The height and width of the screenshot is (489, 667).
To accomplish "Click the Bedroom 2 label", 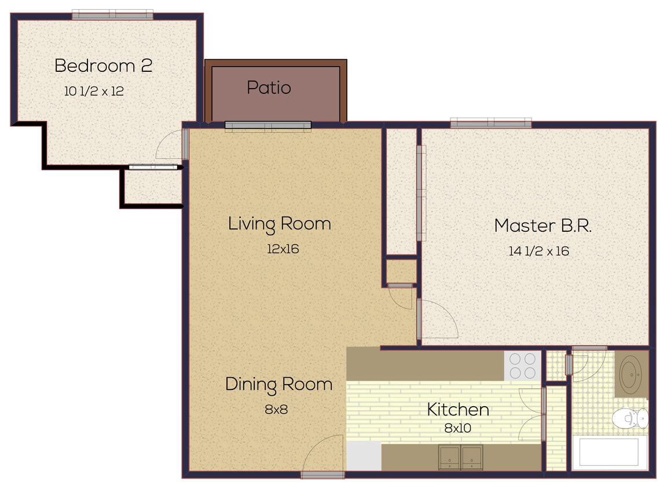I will click(x=103, y=65).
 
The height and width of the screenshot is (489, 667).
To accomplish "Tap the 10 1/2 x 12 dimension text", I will click(x=93, y=91).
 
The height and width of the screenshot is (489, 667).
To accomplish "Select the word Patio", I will click(x=269, y=87).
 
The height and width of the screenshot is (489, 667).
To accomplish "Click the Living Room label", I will click(x=279, y=224).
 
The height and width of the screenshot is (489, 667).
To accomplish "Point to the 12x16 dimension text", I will click(x=282, y=249).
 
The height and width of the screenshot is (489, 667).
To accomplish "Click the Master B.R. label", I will click(x=543, y=225).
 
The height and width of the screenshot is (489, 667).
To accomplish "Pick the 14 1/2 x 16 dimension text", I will click(x=538, y=251).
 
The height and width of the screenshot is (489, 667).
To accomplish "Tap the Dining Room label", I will click(x=278, y=384).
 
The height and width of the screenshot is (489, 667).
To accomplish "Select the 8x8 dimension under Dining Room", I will click(x=276, y=409).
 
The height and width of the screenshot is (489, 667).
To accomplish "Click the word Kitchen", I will click(x=457, y=410).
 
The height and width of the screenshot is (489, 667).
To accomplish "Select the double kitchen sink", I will click(x=461, y=457).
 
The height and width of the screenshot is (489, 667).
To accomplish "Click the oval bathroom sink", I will click(x=631, y=375).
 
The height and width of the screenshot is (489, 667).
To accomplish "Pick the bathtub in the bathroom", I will click(x=609, y=452).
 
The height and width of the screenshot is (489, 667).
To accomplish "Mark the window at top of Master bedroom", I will click(x=490, y=123).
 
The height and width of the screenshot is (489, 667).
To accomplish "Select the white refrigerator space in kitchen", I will click(x=364, y=456).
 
